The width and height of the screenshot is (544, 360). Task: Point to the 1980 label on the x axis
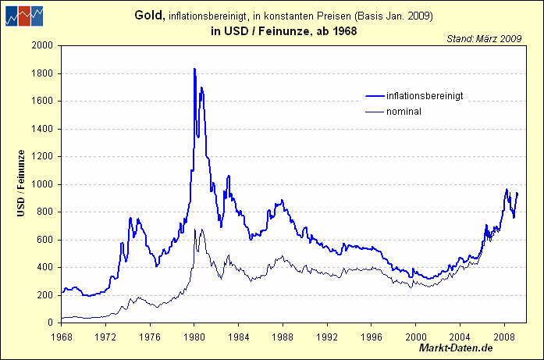[194, 337]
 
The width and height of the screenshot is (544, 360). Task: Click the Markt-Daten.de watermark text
[456, 348]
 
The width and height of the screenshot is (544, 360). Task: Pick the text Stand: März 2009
[485, 37]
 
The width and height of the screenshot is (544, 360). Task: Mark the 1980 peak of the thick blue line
[194, 70]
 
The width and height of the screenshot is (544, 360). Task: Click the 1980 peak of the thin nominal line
[194, 230]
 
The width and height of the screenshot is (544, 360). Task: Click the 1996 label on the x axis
[372, 337]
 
